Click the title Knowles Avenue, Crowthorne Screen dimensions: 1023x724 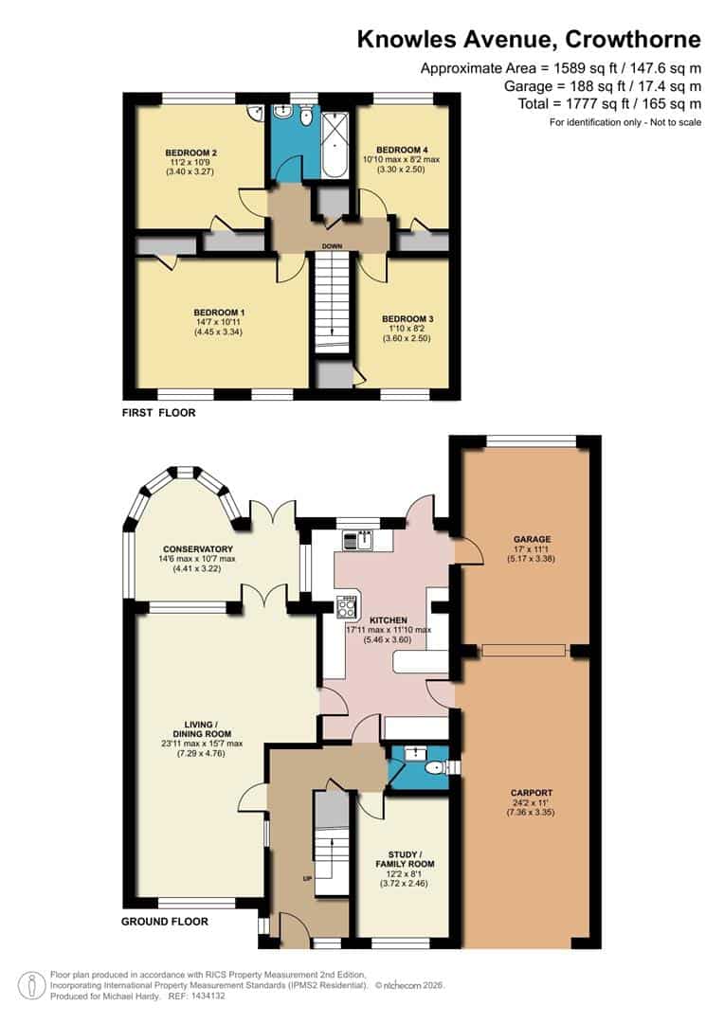coord(529,39)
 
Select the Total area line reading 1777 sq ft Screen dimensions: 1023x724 coord(609,103)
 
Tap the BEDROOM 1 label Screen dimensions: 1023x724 coord(219,313)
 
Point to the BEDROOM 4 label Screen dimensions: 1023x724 coord(402,150)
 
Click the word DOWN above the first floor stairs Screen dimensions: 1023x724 coord(332,246)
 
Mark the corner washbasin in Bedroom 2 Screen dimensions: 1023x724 coord(255,113)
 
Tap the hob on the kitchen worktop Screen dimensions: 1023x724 coord(348,605)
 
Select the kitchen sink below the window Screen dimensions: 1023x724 coord(363,540)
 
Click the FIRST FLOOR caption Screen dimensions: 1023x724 coord(159,413)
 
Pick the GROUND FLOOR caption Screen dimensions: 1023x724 coord(165,921)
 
